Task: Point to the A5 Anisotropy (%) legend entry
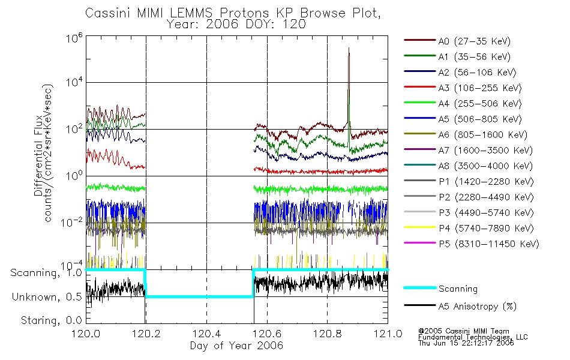[460, 307]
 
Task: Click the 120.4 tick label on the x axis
[206, 334]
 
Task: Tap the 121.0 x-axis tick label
[388, 334]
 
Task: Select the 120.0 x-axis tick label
[86, 334]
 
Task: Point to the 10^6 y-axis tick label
[74, 38]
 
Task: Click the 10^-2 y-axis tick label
[72, 222]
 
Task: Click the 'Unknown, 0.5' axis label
[47, 297]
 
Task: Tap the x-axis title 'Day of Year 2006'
[236, 346]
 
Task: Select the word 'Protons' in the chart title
[244, 13]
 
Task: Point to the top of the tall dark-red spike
[349, 47]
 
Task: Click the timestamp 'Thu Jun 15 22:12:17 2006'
[466, 343]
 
